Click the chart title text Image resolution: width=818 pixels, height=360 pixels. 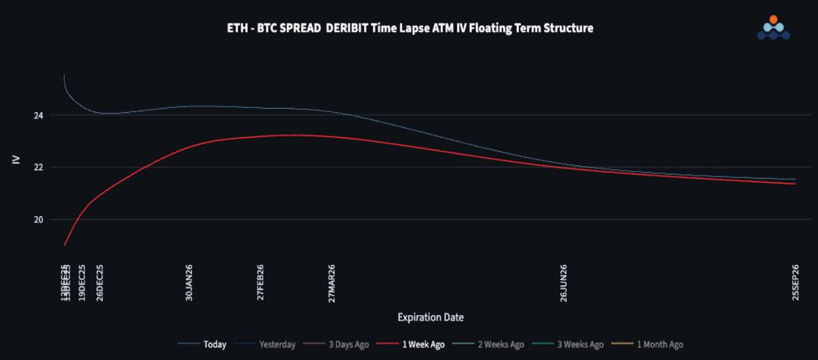click(410, 28)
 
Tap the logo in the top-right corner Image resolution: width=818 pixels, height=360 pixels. click(773, 28)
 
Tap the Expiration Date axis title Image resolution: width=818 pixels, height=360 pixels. click(430, 318)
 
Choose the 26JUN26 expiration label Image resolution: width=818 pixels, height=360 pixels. click(563, 282)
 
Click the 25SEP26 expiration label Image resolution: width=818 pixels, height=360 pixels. click(795, 282)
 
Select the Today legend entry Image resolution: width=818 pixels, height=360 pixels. click(215, 344)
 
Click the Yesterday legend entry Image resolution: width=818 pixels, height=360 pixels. click(277, 344)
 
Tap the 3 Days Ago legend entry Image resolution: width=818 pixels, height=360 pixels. click(348, 344)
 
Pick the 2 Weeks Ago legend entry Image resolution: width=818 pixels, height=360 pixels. click(500, 344)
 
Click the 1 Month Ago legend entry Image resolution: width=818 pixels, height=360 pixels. click(660, 344)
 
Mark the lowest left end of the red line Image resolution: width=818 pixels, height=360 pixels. click(64, 245)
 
